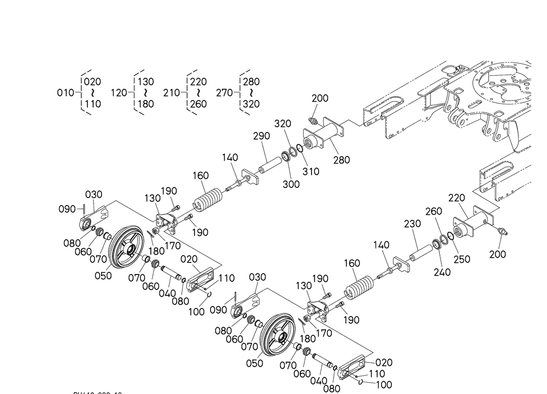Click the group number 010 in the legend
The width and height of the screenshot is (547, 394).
click(65, 93)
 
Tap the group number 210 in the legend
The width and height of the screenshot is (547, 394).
click(172, 93)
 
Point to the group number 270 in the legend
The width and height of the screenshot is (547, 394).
click(225, 93)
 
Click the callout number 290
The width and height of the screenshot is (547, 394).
click(261, 136)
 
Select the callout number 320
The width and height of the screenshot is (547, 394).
click(282, 124)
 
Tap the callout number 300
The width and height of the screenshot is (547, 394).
click(291, 184)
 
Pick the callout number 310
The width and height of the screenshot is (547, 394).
click(311, 172)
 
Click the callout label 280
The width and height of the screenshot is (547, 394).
click(341, 160)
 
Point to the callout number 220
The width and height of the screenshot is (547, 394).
click(456, 198)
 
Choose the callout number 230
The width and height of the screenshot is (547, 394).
click(413, 224)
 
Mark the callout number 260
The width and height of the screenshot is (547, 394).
click(434, 212)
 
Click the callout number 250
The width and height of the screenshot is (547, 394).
click(461, 259)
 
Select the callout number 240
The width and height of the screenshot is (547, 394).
click(442, 272)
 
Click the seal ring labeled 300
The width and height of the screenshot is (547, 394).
click(286, 156)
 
